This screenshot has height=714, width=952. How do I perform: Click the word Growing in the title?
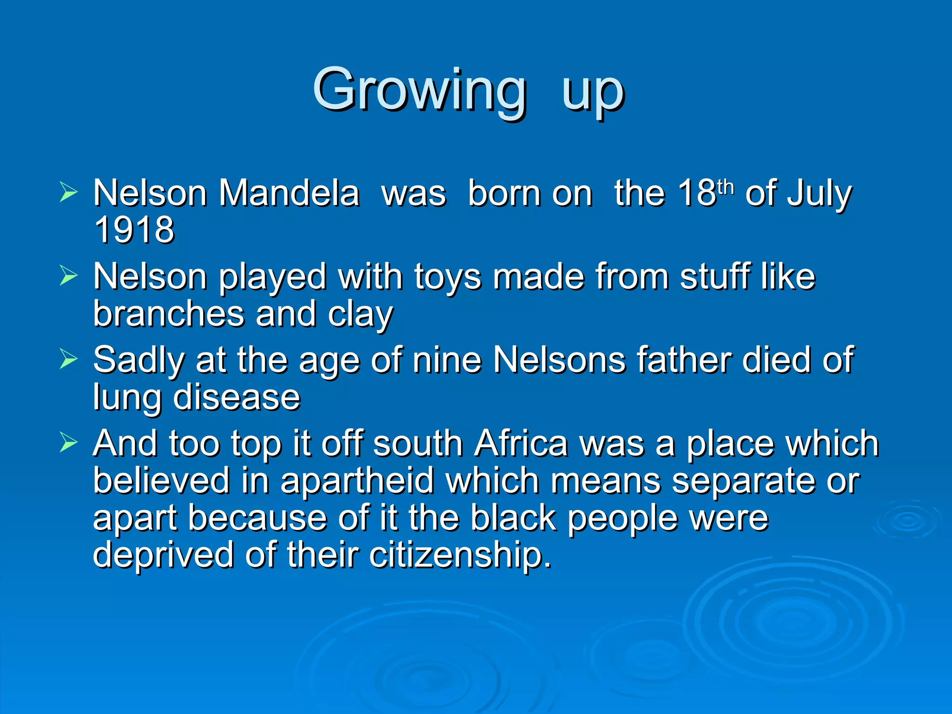click(x=420, y=91)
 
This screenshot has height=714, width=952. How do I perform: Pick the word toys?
click(x=447, y=278)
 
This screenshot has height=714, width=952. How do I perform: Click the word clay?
click(x=360, y=316)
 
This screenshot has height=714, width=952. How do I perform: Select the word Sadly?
click(x=139, y=361)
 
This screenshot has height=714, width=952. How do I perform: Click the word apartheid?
click(x=357, y=481)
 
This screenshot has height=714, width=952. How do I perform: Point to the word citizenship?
click(x=460, y=555)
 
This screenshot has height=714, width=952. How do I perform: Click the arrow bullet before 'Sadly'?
click(x=68, y=359)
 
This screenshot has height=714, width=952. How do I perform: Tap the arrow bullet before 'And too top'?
click(x=68, y=443)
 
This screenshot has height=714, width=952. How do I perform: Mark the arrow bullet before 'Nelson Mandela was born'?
click(x=68, y=192)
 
